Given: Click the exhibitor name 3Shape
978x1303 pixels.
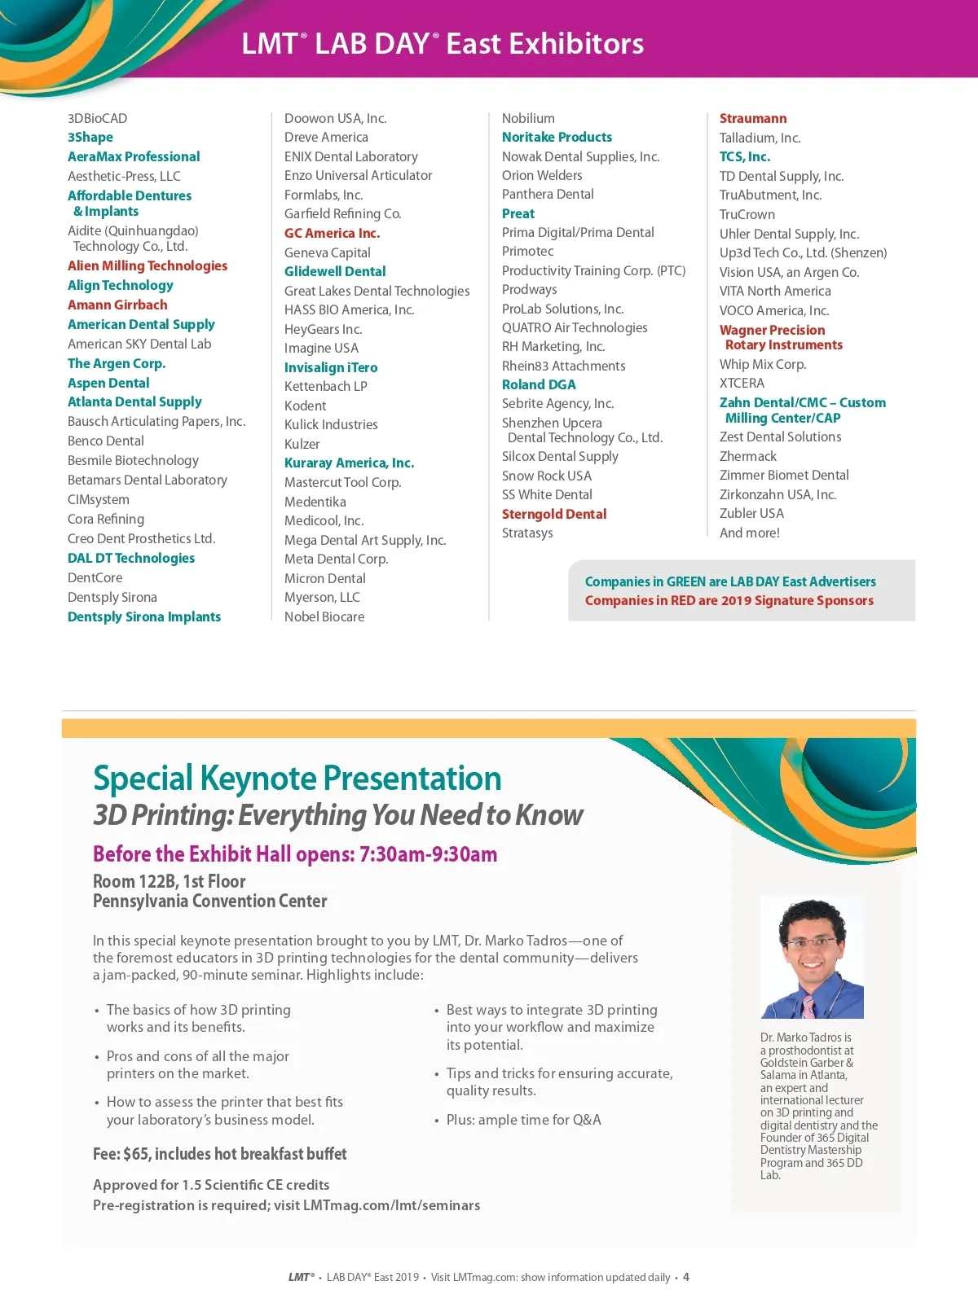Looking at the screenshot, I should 90,138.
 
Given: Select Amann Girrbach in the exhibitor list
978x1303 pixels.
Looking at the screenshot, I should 117,305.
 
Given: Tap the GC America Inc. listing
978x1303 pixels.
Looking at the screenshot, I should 332,233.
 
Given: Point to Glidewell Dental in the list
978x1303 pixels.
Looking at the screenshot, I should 335,271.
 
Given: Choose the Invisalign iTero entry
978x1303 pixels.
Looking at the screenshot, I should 331,367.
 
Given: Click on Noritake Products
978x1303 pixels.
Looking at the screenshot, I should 557,137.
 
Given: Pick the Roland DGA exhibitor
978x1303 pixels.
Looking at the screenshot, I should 539,384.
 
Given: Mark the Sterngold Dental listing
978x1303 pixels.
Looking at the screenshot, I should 554,514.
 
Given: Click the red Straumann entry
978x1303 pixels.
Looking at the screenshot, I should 753,118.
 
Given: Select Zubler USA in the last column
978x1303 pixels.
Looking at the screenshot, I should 751,513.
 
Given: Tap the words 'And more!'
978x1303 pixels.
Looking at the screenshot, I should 750,533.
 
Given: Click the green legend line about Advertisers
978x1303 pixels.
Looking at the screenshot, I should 730,581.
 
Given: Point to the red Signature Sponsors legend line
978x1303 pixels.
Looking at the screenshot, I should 729,600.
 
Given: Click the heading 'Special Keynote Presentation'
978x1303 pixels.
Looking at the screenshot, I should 297,779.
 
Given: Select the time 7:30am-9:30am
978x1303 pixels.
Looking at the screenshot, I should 428,854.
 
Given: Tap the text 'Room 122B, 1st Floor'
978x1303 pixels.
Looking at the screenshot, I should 170,881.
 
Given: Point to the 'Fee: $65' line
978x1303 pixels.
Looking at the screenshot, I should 220,1154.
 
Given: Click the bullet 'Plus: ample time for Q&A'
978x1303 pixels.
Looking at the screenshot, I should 523,1120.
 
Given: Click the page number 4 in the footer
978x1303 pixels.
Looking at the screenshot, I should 686,1277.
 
